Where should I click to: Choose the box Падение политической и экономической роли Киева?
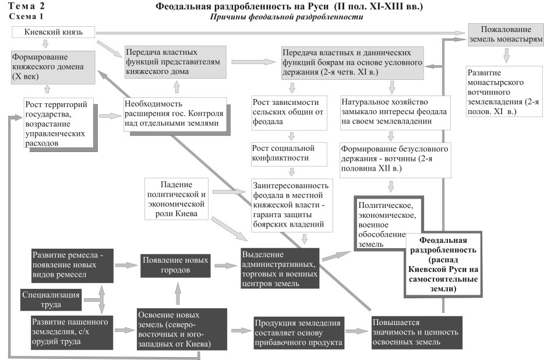click(175, 199)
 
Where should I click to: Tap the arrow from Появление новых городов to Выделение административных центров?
click(224, 265)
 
